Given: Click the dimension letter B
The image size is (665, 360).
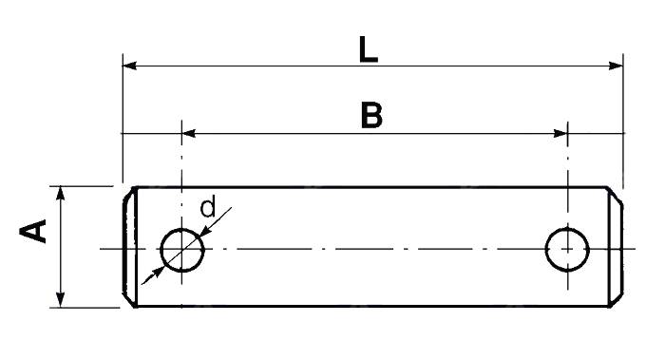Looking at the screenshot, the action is pyautogui.click(x=371, y=116).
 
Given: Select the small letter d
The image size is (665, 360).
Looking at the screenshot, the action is pyautogui.click(x=208, y=206).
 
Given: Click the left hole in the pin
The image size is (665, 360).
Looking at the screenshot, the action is pyautogui.click(x=182, y=250).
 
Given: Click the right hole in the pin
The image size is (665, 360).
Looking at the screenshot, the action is pyautogui.click(x=567, y=249).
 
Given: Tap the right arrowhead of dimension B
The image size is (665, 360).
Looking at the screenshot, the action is pyautogui.click(x=560, y=134).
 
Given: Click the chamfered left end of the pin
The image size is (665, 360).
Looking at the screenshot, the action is pyautogui.click(x=129, y=247).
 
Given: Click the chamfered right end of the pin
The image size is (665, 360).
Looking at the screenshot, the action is pyautogui.click(x=617, y=247).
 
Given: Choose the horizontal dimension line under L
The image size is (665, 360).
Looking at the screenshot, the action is pyautogui.click(x=285, y=66).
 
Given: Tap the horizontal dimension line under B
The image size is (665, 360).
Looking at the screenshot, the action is pyautogui.click(x=285, y=134).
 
